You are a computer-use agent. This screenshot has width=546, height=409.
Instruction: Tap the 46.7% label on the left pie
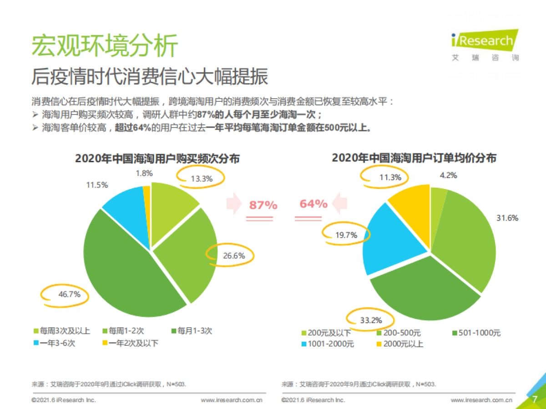(69, 294)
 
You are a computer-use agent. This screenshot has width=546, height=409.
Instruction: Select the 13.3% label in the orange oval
(202, 179)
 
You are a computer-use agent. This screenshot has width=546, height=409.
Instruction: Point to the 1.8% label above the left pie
(144, 173)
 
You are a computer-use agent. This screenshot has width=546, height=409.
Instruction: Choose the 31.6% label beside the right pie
(507, 218)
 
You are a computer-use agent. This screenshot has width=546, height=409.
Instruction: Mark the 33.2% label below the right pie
(371, 320)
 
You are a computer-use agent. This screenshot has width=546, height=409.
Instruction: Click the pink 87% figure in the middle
(263, 205)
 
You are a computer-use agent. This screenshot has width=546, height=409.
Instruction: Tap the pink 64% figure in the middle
(313, 204)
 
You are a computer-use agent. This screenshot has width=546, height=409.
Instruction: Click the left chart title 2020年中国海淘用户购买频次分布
(157, 158)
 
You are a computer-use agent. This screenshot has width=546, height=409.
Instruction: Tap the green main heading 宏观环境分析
(104, 45)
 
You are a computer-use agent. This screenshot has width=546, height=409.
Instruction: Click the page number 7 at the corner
(535, 399)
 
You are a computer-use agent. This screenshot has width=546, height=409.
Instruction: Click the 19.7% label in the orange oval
(346, 235)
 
